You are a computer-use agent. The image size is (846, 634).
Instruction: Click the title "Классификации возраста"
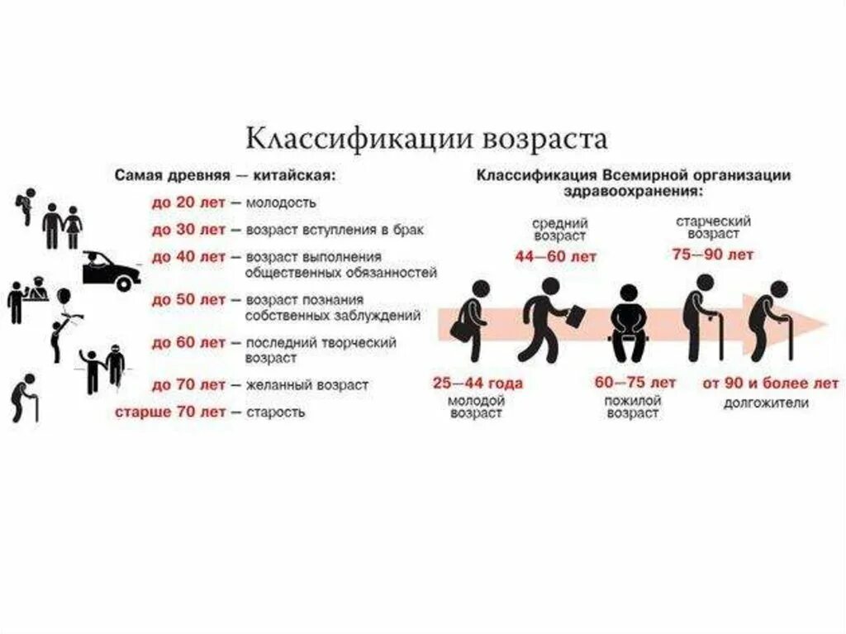(x=427, y=137)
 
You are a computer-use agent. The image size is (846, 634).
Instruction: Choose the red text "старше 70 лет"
(x=168, y=412)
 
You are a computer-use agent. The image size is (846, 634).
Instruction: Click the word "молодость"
(x=281, y=203)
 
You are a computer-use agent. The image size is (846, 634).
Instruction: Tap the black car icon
(x=111, y=270)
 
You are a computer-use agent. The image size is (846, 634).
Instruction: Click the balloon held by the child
(x=64, y=295)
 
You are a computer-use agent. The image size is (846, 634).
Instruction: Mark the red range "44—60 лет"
(x=555, y=257)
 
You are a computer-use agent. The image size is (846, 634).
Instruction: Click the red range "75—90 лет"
(x=713, y=255)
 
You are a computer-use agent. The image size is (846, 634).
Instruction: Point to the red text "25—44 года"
(x=478, y=384)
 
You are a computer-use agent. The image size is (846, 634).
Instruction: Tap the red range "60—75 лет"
(x=634, y=383)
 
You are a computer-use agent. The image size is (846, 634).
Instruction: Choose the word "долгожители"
(x=766, y=403)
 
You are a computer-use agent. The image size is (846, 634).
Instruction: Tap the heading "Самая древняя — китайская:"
(x=226, y=176)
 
